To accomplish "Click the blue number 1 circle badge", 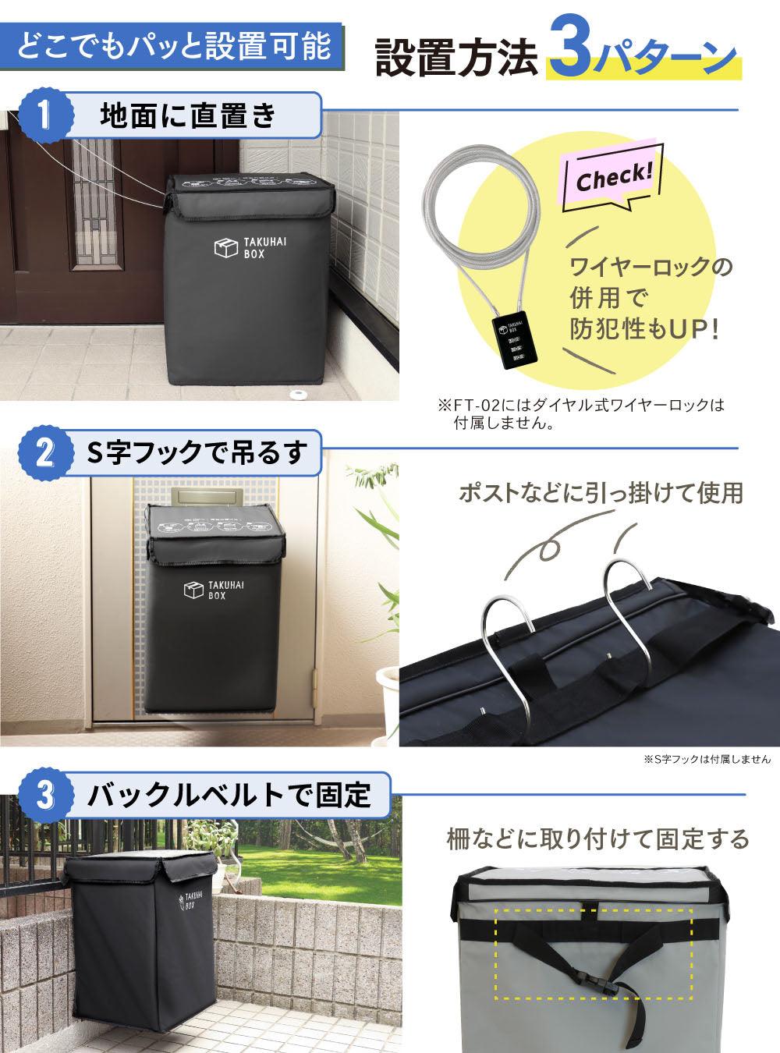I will point(46,115).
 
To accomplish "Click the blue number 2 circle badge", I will point(46,453).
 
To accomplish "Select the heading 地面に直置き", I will point(188,115).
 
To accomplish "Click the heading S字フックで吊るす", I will point(194,453).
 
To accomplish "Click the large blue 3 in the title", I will point(571,55).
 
